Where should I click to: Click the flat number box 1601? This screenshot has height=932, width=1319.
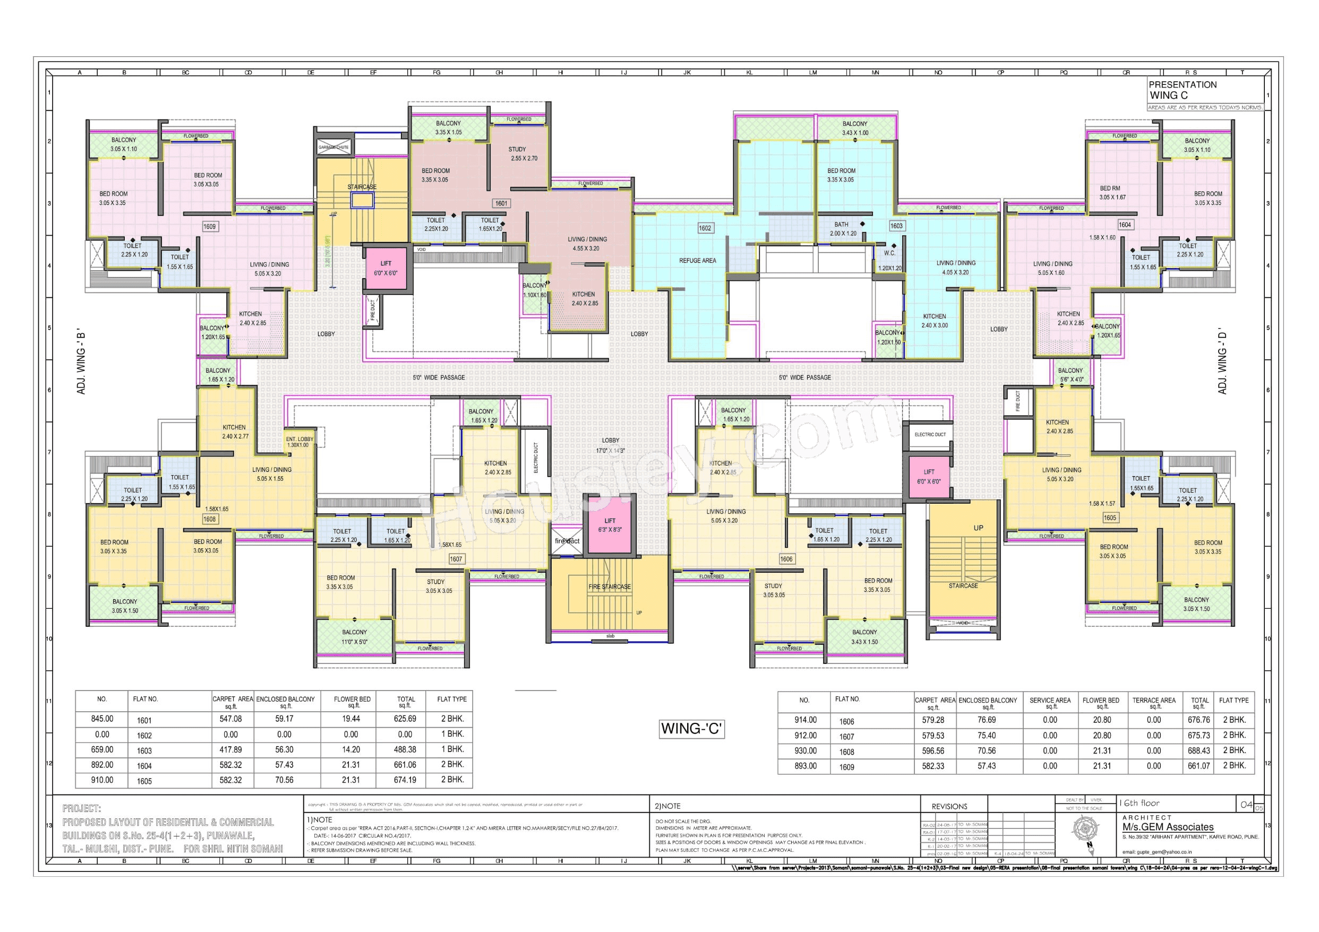tap(501, 203)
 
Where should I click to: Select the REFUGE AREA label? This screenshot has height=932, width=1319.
tap(697, 261)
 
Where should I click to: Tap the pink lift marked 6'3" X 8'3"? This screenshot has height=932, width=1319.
tap(610, 525)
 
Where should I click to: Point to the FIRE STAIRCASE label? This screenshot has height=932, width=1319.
tap(610, 587)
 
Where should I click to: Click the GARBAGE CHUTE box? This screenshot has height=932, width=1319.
tap(333, 147)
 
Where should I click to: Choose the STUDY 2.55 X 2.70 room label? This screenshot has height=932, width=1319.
tap(524, 154)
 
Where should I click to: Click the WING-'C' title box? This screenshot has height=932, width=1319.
tap(691, 729)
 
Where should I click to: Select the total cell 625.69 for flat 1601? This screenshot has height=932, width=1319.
tap(405, 719)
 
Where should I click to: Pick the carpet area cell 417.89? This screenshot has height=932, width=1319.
tap(230, 749)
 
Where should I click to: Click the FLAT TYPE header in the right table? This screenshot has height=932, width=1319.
tap(1234, 701)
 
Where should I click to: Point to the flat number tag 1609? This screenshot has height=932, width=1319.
tap(210, 227)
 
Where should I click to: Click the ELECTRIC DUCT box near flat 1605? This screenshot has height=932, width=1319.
tap(930, 435)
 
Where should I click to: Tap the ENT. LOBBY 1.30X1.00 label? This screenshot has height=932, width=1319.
tap(300, 442)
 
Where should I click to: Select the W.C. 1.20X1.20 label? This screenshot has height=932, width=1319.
tap(889, 260)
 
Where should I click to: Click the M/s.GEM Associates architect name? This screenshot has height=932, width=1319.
tap(1168, 827)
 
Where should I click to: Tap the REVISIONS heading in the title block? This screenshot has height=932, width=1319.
tap(949, 806)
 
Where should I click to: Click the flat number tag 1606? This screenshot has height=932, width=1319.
tap(786, 559)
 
